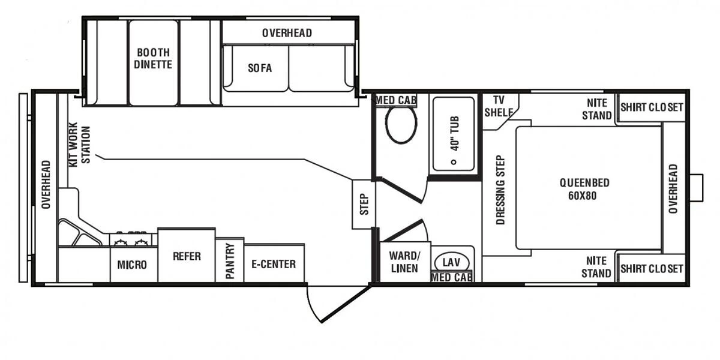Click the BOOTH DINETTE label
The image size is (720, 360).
pos(153,58)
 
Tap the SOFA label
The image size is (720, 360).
pos(260,68)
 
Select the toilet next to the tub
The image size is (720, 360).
pos(401,125)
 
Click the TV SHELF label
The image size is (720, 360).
pos(502,106)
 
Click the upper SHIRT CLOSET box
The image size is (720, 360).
pos(651,107)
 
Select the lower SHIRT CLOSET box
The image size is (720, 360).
pos(651,269)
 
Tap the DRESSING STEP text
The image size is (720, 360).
pos(500,190)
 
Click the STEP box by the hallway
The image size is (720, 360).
pos(364,204)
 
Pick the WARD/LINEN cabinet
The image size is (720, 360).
pos(404,262)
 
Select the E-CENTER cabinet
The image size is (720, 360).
pos(274,263)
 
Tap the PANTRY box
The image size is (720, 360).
pos(229,260)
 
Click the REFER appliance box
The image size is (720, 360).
pos(186,256)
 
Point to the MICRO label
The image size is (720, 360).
pos(133,265)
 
